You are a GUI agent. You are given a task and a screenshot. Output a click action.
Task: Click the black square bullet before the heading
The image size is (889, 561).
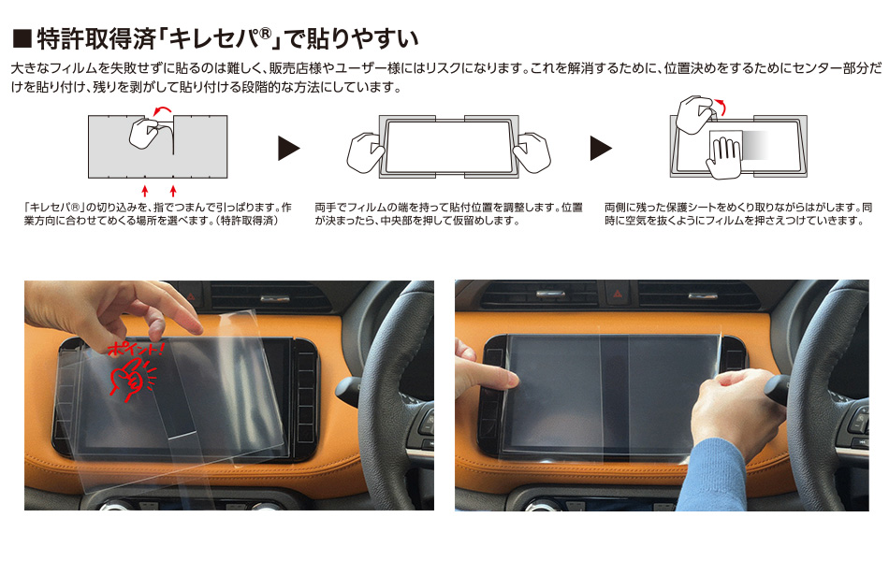coord(22,39)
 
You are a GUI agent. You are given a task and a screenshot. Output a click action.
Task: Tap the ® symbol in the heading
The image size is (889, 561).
coord(266,34)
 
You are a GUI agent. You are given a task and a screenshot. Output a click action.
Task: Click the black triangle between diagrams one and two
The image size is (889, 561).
coord(288,148)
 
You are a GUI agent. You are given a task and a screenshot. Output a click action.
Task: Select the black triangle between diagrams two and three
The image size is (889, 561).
coord(601,148)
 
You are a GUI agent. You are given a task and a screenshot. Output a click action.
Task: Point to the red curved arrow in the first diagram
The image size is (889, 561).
coord(163,109)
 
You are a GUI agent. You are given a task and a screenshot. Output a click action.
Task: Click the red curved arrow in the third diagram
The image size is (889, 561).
coord(720,106)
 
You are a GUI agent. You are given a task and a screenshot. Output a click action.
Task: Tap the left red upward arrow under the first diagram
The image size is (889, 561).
coord(144,191)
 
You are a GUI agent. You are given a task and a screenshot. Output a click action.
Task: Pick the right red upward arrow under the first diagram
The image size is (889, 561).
coord(173,191)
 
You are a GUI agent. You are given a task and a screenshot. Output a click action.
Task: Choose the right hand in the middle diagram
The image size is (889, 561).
coord(532,151)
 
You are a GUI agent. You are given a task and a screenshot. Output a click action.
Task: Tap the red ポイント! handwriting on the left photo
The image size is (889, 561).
coord(136,348)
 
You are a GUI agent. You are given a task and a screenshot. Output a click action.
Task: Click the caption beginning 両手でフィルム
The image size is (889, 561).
coord(448,213)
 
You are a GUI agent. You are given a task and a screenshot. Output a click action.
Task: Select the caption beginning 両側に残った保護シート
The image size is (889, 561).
coord(738,213)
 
